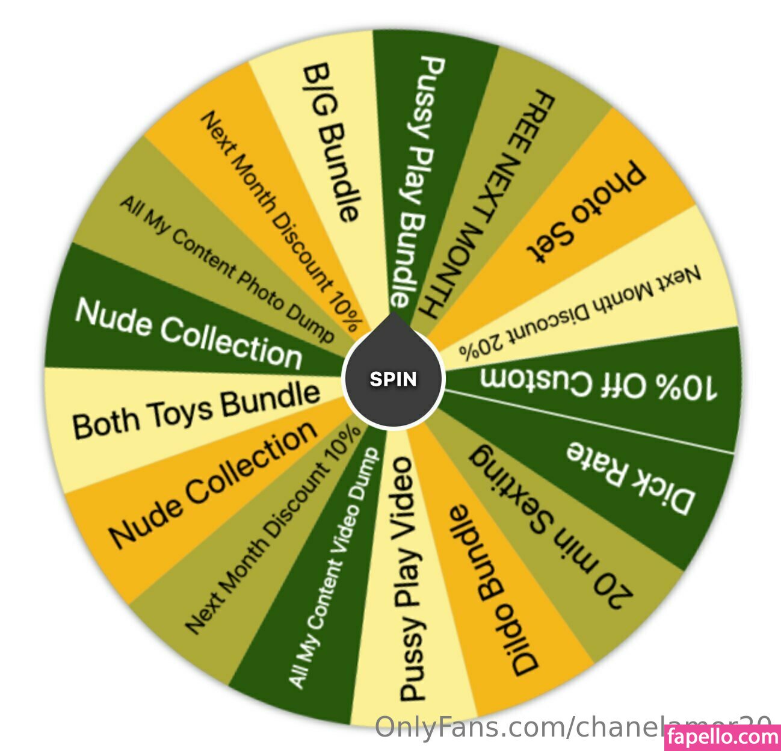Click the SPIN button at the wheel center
tap(393, 379)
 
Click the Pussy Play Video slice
tap(407, 578)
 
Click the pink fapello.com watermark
tap(723, 736)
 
